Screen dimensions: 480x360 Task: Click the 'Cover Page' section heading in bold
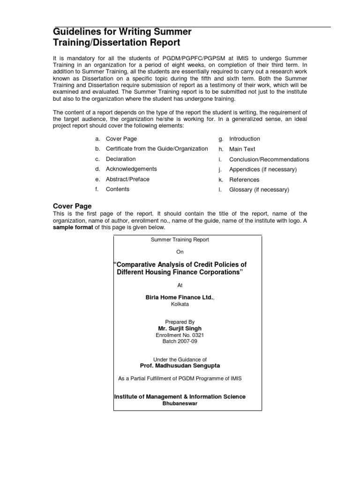coord(72,206)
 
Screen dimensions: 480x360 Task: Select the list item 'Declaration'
coord(120,159)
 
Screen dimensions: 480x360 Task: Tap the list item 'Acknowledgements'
coord(131,169)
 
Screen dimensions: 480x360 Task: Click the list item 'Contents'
coord(118,189)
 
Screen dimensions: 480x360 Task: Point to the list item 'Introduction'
coord(244,139)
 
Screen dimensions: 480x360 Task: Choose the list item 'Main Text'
coord(242,149)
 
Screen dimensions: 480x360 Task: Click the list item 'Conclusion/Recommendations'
coord(269,159)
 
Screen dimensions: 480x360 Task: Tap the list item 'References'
coord(244,180)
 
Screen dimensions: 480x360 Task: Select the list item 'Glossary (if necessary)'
coord(259,190)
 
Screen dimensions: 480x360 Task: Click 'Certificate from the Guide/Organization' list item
coord(157,149)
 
